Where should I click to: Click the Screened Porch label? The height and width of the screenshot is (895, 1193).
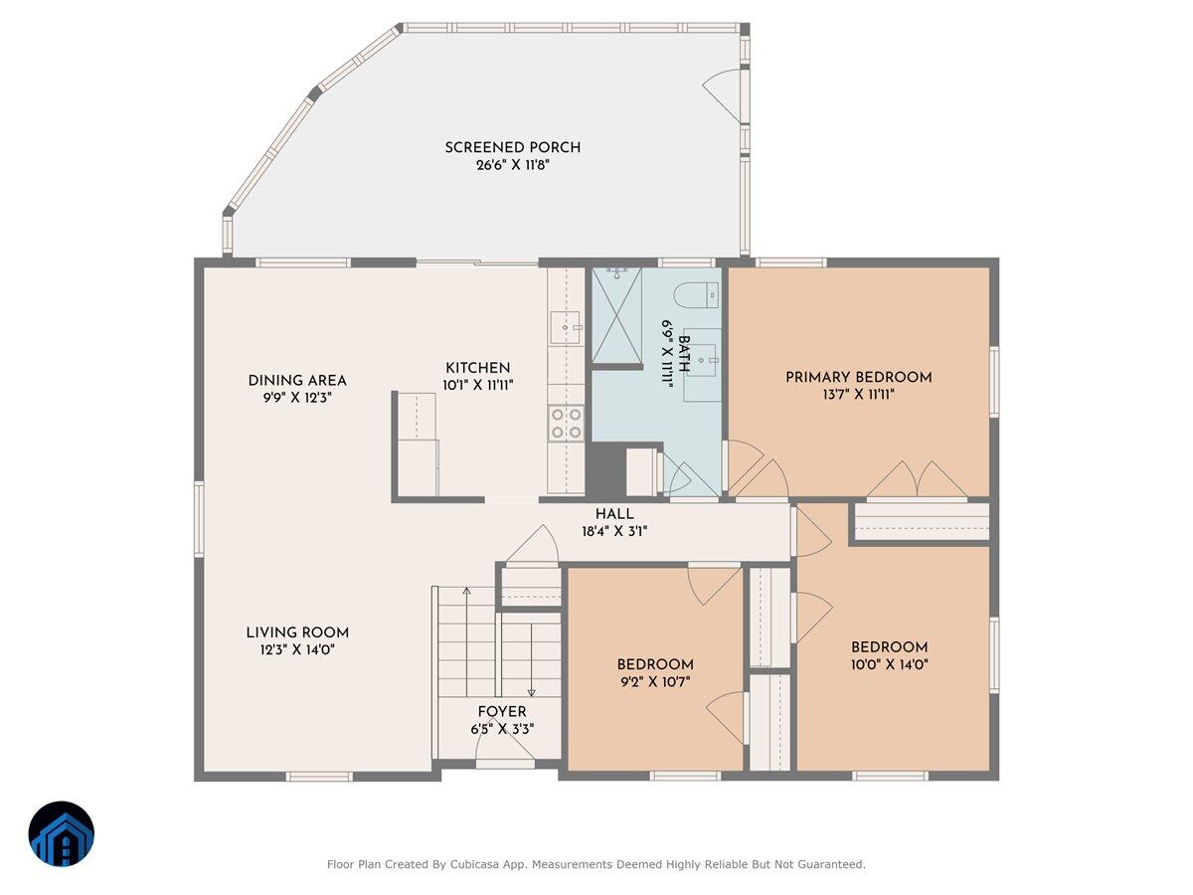(513, 147)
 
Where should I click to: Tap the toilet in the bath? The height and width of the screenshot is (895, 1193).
(697, 295)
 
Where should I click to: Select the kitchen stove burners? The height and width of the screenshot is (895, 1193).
(567, 423)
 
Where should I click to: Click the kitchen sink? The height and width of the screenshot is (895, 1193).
(566, 327)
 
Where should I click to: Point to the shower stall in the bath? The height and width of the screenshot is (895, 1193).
(617, 315)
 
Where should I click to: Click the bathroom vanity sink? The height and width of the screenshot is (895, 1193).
(707, 359)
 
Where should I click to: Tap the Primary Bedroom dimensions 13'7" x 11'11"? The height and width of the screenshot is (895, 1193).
(858, 394)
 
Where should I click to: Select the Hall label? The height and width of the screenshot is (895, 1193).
(614, 513)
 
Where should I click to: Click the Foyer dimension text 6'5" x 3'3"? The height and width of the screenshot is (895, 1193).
(502, 729)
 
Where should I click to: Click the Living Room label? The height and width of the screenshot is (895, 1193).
(297, 632)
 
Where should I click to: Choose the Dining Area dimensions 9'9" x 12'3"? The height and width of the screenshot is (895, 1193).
(297, 398)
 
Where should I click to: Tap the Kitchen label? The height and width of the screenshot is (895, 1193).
(478, 367)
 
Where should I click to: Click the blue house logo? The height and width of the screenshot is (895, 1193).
(62, 833)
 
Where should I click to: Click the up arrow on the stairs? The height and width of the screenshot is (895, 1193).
(466, 641)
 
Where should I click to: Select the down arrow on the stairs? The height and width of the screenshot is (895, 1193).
(532, 659)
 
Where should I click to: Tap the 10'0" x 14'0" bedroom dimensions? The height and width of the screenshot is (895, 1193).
(889, 664)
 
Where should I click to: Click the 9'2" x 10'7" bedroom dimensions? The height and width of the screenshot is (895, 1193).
(655, 681)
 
